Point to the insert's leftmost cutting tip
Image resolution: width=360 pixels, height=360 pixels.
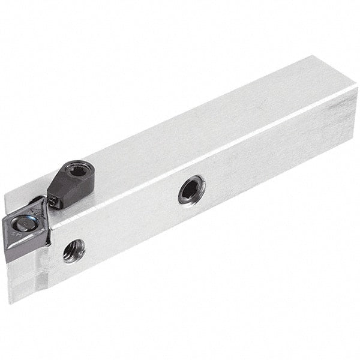[4, 221]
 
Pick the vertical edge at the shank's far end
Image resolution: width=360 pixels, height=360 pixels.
[353, 114]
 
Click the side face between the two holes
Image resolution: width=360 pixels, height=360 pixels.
[132, 222]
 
